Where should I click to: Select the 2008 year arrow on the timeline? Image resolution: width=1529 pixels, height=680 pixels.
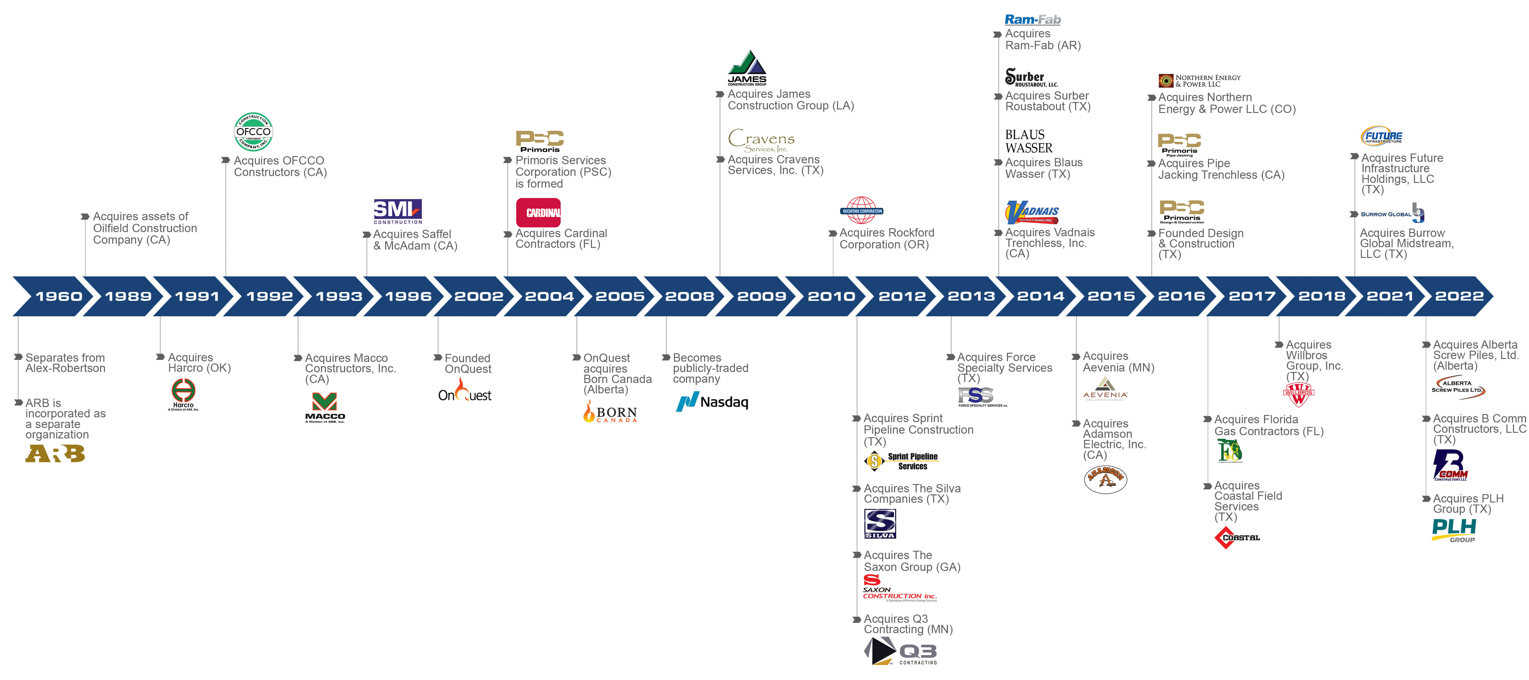coord(688,296)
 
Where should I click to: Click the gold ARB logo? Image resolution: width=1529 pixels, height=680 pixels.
coord(55,454)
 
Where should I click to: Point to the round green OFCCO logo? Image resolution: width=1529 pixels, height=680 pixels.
coord(253,132)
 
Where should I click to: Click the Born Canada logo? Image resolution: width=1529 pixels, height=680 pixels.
coord(610,412)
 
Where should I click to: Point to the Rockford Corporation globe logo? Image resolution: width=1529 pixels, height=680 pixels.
coord(862,211)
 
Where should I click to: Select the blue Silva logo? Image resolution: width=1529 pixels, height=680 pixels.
coord(880,523)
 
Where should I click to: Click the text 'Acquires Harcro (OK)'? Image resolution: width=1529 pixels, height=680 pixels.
coord(199,363)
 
